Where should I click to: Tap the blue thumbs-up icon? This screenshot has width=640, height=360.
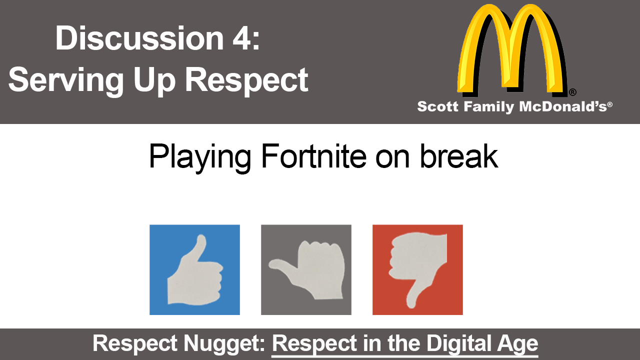(194, 269)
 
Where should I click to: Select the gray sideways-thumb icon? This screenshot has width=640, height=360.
(306, 269)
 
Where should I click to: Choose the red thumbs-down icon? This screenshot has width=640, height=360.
(417, 269)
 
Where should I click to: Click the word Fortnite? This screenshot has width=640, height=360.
(313, 156)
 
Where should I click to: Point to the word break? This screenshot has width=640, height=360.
(459, 156)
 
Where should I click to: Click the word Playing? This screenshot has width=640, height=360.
(200, 159)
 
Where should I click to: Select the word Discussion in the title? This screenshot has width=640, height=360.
(139, 38)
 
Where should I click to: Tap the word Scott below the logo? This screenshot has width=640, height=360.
(437, 106)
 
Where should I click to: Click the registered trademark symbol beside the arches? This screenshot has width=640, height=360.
(572, 92)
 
